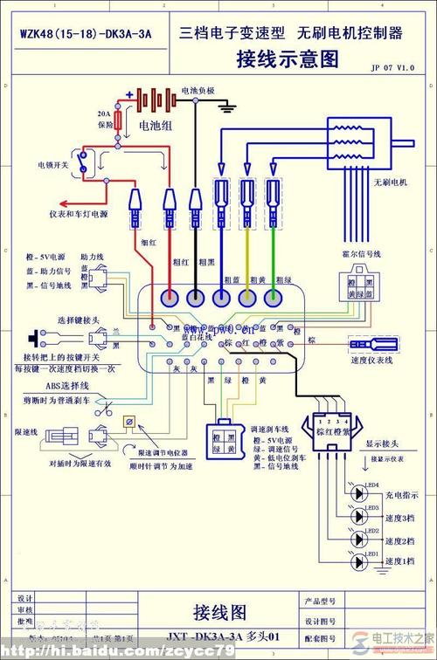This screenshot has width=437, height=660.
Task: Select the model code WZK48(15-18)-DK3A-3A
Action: pyautogui.click(x=86, y=34)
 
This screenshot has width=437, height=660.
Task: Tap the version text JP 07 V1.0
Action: pyautogui.click(x=392, y=67)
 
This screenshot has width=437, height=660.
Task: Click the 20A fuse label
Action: pyautogui.click(x=104, y=118)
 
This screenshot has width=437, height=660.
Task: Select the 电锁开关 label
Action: pyautogui.click(x=52, y=164)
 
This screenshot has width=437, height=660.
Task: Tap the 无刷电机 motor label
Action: pyautogui.click(x=392, y=182)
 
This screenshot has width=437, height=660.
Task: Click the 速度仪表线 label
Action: pyautogui.click(x=373, y=359)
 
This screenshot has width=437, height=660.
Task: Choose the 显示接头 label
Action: pyautogui.click(x=382, y=443)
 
